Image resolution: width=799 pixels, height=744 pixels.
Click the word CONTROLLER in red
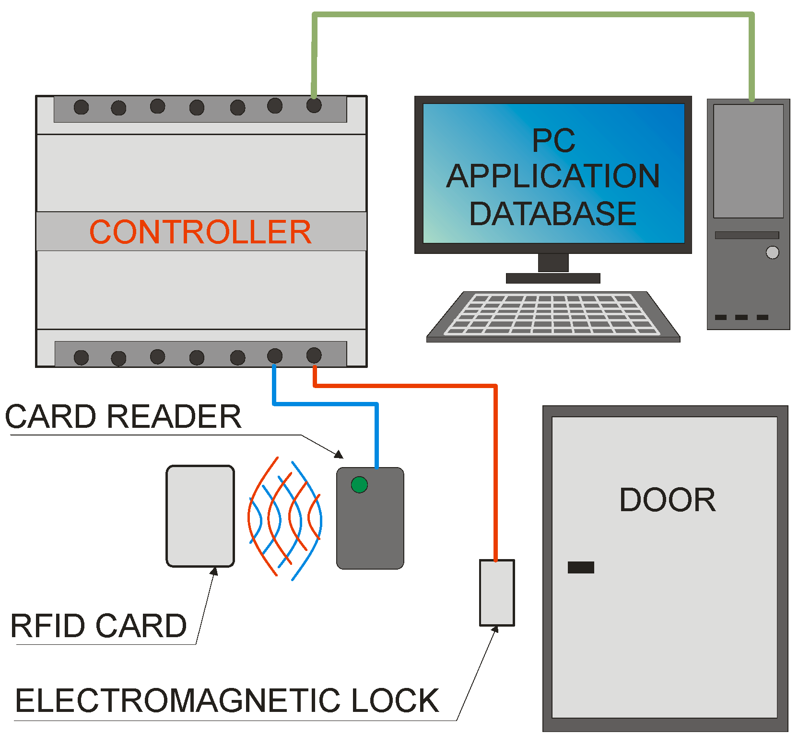point(200,232)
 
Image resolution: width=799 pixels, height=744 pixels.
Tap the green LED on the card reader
point(359,485)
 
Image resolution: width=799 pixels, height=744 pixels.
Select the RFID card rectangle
point(200,516)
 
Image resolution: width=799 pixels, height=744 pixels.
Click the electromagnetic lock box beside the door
point(497,593)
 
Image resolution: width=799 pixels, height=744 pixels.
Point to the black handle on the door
point(581,567)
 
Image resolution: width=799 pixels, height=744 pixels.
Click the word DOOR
point(667,500)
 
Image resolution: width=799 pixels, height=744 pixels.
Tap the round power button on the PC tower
point(772,252)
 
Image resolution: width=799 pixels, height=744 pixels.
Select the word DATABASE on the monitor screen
point(552,214)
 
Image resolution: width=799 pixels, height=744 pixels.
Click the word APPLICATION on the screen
point(553,176)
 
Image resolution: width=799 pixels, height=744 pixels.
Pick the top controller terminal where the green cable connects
point(314,105)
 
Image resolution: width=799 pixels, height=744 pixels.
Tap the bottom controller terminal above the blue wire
point(275,355)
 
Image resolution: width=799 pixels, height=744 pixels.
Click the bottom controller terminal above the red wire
point(314,355)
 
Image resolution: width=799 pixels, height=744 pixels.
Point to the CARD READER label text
point(123,416)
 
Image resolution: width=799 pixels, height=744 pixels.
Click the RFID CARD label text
point(98,626)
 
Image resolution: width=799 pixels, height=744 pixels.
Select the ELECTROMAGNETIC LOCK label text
point(227,700)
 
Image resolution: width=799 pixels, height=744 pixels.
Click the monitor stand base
point(553,278)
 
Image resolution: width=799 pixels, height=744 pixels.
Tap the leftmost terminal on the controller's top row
point(81,107)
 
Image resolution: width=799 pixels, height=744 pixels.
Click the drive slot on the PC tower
point(747,235)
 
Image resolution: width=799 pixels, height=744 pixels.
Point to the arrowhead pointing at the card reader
point(340,455)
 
